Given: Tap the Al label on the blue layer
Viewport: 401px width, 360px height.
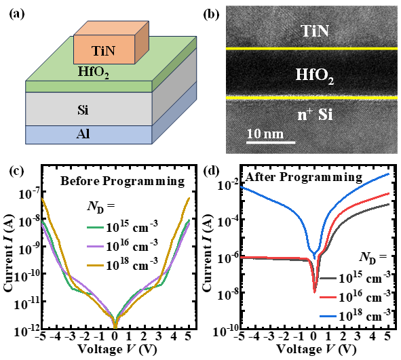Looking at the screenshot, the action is tap(83, 134).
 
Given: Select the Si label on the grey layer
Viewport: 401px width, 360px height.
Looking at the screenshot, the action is tap(83, 110).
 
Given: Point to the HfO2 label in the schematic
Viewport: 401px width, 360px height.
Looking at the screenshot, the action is tap(94, 73).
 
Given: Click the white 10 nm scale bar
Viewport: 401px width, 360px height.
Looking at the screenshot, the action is tap(271, 142).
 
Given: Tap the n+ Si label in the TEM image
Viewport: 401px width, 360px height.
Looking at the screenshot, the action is tap(315, 115).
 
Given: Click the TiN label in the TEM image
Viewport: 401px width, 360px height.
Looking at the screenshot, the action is tap(315, 31).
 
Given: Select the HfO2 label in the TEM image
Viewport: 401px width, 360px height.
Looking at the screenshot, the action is tap(315, 76).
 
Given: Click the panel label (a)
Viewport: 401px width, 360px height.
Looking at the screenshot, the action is tap(17, 14).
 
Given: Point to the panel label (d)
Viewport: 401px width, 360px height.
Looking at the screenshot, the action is tap(211, 172).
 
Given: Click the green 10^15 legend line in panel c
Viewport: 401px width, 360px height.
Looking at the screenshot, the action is tap(95, 227).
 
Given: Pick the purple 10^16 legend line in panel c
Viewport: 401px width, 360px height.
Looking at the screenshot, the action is tap(95, 246).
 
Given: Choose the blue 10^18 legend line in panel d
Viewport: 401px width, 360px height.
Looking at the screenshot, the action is tap(328, 317).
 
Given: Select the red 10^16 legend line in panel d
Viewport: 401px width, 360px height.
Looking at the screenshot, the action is tap(328, 297).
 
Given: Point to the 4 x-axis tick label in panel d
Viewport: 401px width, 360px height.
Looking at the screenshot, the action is tap(373, 336).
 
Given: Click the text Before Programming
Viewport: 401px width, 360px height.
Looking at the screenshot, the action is tap(123, 182).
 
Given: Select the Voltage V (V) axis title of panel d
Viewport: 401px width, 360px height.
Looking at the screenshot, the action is tap(316, 350).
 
